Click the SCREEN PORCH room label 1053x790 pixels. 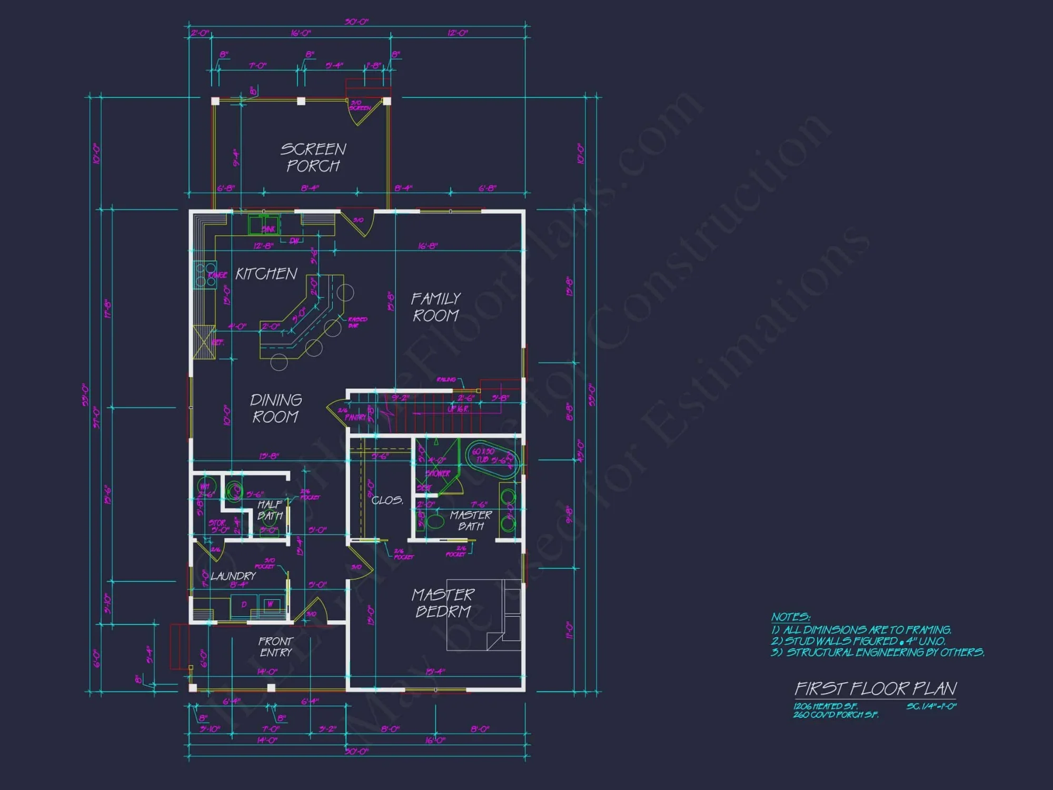313,157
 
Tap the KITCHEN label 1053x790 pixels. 266,274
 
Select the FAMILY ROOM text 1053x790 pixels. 435,307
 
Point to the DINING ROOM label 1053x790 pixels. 275,408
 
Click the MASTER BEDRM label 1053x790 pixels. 443,603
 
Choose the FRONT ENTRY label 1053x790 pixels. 275,647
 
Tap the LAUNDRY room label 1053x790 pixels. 233,576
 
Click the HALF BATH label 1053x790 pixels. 270,510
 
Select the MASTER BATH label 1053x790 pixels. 471,520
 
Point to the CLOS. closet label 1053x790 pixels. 388,500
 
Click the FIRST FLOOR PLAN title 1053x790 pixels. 876,688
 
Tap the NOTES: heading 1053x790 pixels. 790,617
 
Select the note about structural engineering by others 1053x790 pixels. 878,653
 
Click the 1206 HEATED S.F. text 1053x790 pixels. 826,706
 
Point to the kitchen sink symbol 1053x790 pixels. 264,225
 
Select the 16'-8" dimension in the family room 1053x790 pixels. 428,246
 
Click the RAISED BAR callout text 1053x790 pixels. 357,322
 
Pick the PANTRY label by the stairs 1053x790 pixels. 355,417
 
